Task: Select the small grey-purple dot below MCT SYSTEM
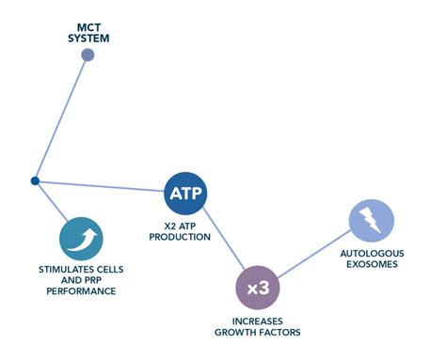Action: point(88,55)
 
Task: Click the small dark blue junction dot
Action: point(35,180)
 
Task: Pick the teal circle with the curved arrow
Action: point(80,239)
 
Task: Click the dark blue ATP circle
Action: point(184,195)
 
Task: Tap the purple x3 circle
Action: point(257,288)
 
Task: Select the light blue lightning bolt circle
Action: point(372,221)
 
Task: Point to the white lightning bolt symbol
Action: point(372,221)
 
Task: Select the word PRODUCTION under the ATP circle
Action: point(185,238)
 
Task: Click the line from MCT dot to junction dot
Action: point(61,117)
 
